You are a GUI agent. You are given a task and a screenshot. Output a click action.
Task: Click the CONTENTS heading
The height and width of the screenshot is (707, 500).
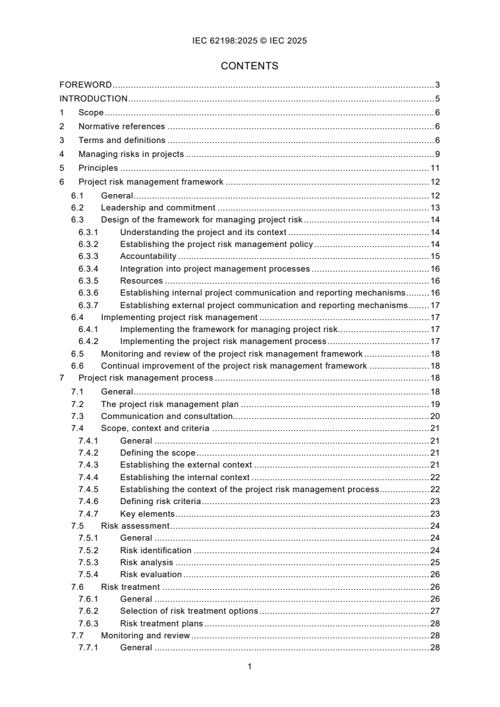250,66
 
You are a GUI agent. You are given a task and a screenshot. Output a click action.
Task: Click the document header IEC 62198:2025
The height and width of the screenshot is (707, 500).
250,41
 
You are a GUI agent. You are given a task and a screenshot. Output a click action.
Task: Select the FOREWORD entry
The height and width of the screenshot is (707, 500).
86,85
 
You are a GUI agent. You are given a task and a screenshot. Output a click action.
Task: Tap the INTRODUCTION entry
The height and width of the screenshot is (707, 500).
93,98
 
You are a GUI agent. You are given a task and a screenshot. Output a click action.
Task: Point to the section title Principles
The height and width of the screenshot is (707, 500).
98,168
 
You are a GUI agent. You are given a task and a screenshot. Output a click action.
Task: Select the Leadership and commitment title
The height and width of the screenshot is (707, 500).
158,207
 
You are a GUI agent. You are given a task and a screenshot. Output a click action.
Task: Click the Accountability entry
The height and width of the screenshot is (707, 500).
148,256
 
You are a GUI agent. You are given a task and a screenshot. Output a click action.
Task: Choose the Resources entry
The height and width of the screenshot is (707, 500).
141,280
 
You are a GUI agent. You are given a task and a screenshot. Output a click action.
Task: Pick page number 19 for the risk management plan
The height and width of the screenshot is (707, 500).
434,404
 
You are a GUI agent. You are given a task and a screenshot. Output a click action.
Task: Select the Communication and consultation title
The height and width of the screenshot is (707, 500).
166,417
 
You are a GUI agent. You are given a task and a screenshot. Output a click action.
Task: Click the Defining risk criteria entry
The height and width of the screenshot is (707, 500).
160,502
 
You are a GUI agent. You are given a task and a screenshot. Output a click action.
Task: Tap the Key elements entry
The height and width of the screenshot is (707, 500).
147,514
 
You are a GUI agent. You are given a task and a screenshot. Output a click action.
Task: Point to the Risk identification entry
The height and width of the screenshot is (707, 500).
155,550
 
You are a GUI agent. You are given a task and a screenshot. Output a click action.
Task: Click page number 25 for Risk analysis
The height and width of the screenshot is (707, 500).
434,562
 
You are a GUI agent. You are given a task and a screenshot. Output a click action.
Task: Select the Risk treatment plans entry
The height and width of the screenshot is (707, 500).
161,623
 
